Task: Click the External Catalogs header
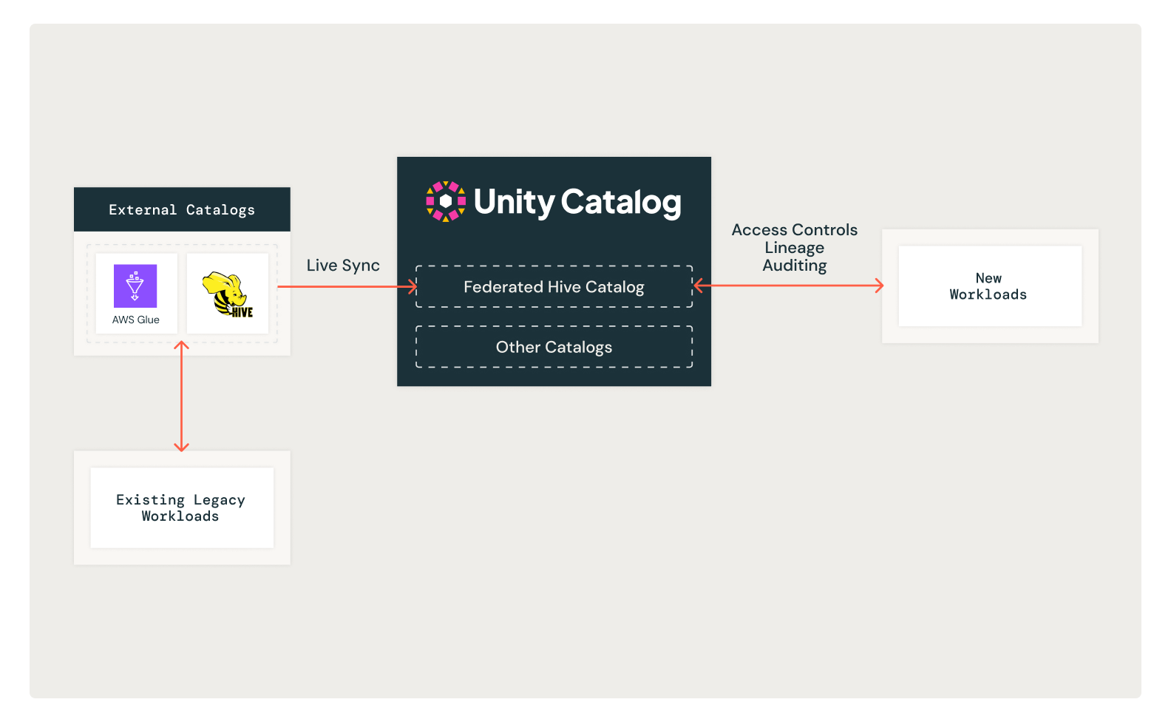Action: [x=182, y=209]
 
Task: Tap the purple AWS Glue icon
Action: [x=135, y=286]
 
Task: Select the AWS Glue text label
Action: [x=135, y=320]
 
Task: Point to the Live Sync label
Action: [x=343, y=266]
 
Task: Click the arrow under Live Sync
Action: [x=347, y=286]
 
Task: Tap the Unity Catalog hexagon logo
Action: [x=445, y=201]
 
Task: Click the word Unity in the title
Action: [x=514, y=202]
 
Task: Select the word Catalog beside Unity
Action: [x=621, y=202]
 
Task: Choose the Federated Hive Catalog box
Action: [x=554, y=287]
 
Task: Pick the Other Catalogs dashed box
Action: [x=554, y=347]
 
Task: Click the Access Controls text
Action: [x=795, y=229]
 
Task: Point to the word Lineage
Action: [x=795, y=248]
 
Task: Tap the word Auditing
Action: [x=795, y=266]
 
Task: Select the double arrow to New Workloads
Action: [x=788, y=286]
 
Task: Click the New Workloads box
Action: [x=990, y=286]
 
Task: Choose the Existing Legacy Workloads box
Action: [x=182, y=507]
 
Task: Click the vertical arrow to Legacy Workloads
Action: [x=181, y=396]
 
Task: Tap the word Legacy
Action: [x=219, y=500]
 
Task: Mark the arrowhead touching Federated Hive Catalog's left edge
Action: [x=413, y=286]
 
